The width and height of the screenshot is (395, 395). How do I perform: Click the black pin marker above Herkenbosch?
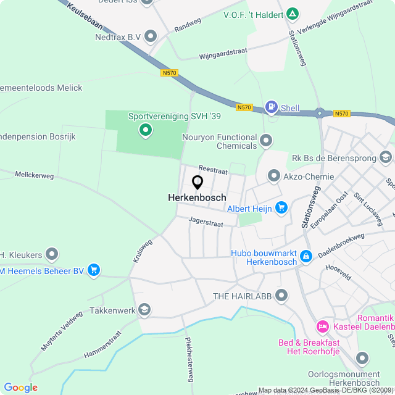(197, 183)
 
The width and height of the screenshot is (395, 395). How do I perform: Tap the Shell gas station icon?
(271, 107)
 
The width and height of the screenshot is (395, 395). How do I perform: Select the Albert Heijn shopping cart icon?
(281, 208)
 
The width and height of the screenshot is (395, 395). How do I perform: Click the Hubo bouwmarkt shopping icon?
(306, 256)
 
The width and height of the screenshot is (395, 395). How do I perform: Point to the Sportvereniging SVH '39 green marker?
(146, 130)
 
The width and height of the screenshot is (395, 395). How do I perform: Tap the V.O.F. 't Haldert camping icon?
(293, 14)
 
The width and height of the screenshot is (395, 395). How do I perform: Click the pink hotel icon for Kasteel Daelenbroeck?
(322, 325)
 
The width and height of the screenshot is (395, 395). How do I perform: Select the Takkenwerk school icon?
(144, 310)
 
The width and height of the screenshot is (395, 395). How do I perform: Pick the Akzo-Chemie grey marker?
(273, 177)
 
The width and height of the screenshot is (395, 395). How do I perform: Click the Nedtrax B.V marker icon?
(150, 37)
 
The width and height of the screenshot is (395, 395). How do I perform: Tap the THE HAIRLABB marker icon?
(281, 296)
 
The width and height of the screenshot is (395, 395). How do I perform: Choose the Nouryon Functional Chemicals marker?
(266, 141)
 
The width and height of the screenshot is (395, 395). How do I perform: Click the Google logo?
(21, 388)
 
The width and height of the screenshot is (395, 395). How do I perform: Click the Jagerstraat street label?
(206, 219)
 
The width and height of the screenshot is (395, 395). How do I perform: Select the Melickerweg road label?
(35, 175)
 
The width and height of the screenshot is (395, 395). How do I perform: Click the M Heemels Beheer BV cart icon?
(94, 270)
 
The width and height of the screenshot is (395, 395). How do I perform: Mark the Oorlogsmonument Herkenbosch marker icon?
(362, 358)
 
